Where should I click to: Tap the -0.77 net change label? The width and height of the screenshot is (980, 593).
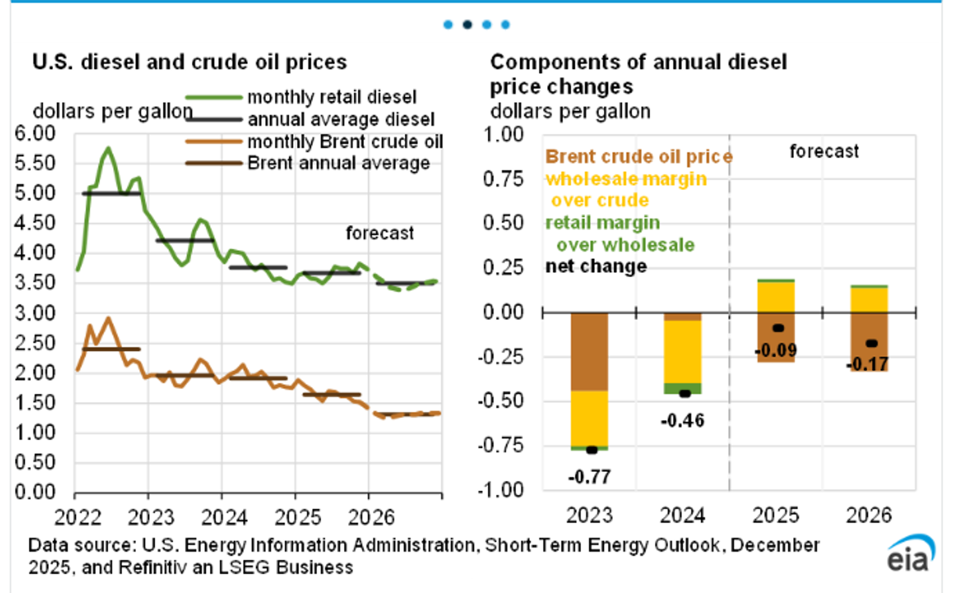[x=589, y=477]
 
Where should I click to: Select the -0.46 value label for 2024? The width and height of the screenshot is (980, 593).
[x=682, y=421]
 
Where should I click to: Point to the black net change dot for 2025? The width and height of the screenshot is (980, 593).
[x=778, y=328]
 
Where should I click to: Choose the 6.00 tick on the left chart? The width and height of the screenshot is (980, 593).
[x=35, y=134]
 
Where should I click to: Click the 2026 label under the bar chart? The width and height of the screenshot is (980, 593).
[x=869, y=515]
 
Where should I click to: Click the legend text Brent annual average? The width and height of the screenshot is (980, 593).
[x=338, y=163]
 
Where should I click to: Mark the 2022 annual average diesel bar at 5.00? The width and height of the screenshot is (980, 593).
[x=111, y=194]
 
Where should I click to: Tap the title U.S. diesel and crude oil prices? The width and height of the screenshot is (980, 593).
[x=190, y=63]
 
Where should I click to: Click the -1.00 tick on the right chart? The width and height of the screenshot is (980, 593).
[x=501, y=490]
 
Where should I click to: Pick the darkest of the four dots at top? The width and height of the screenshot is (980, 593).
[x=467, y=25]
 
